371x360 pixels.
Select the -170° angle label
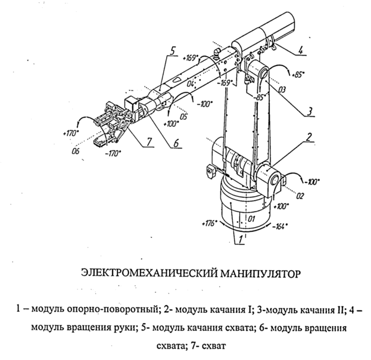click(x=113, y=153)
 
